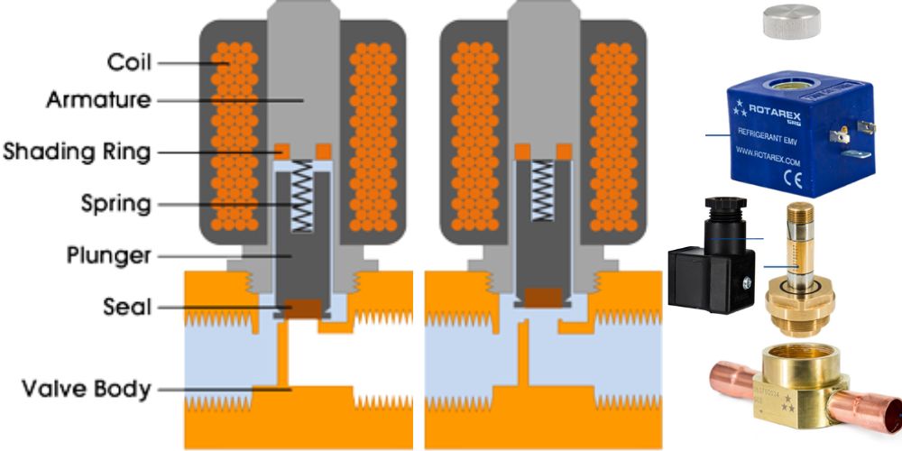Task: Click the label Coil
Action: [x=128, y=62]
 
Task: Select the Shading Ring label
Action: [x=76, y=151]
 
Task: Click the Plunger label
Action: [x=107, y=255]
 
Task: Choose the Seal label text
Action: [x=126, y=308]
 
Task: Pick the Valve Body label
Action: [x=87, y=390]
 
